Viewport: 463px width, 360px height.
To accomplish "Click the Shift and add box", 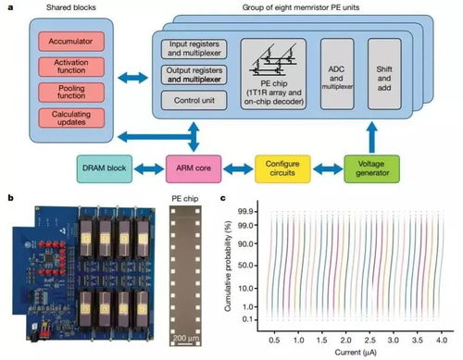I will pyautogui.click(x=385, y=72).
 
